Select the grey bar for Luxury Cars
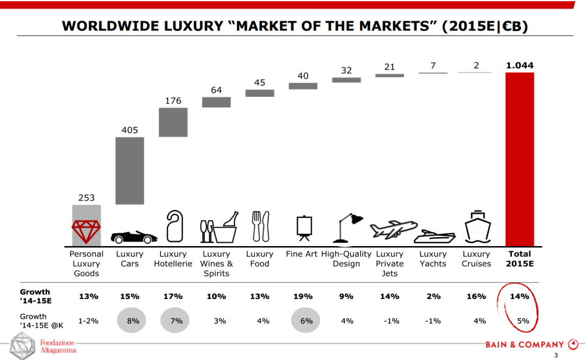(x=130, y=171)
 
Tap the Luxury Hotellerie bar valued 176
(x=173, y=122)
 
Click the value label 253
(x=86, y=198)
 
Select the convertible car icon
(x=130, y=236)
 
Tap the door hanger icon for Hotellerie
(x=174, y=227)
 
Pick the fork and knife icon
(x=260, y=227)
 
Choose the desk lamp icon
(x=347, y=228)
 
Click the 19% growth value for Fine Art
(x=303, y=297)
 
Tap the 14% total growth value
(x=519, y=297)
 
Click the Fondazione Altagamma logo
(x=43, y=347)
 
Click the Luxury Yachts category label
(x=433, y=259)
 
